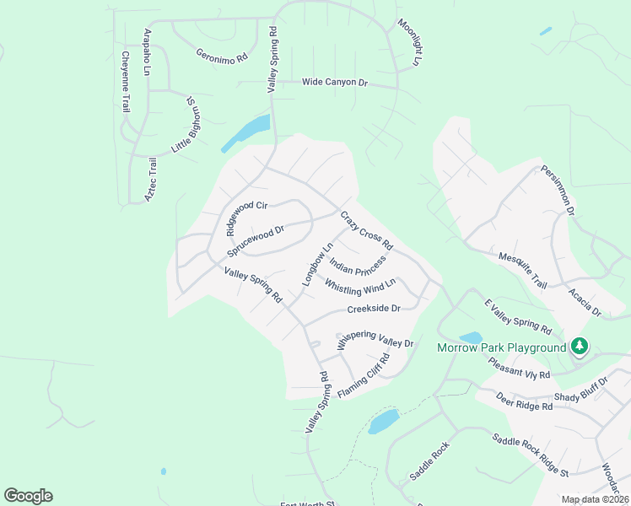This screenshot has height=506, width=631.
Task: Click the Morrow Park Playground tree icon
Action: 579,346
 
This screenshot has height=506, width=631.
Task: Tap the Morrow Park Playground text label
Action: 500,348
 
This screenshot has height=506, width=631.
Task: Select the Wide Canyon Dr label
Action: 336,83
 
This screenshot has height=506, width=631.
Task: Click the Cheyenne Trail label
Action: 126,82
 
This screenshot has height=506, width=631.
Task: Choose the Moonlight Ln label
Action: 409,42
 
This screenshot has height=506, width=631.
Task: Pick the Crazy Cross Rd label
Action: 367,229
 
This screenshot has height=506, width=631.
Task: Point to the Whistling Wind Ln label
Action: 360,287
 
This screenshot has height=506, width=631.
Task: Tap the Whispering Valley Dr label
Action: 375,339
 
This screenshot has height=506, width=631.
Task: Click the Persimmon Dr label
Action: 558,187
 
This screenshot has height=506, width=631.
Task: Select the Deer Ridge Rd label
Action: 524,401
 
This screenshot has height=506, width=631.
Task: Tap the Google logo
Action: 28,496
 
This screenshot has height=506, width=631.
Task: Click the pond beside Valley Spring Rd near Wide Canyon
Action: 246,133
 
